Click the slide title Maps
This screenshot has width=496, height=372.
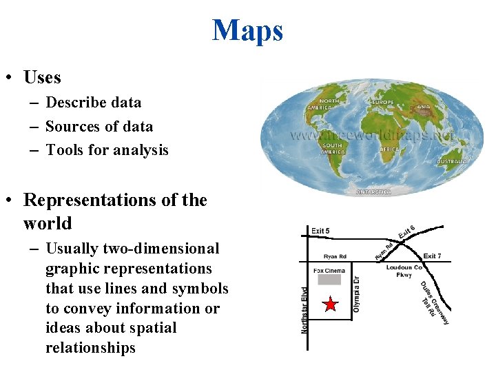[x=247, y=30]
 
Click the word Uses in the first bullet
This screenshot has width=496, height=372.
[x=42, y=77]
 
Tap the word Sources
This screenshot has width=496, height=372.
[x=69, y=127]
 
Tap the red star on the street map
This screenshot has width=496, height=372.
[x=331, y=304]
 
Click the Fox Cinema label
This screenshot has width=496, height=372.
[x=329, y=270]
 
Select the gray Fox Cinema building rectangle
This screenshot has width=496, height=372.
[x=329, y=280]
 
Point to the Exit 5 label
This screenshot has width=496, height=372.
[x=320, y=230]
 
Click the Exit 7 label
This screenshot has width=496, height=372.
[x=432, y=256]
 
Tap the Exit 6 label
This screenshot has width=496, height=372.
[x=406, y=234]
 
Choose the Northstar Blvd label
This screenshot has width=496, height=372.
[x=304, y=311]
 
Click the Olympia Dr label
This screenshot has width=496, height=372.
[x=356, y=294]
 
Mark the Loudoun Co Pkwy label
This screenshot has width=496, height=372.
[x=404, y=271]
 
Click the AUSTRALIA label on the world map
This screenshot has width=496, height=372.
[x=453, y=161]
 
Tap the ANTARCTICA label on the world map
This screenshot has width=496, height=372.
[x=373, y=192]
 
